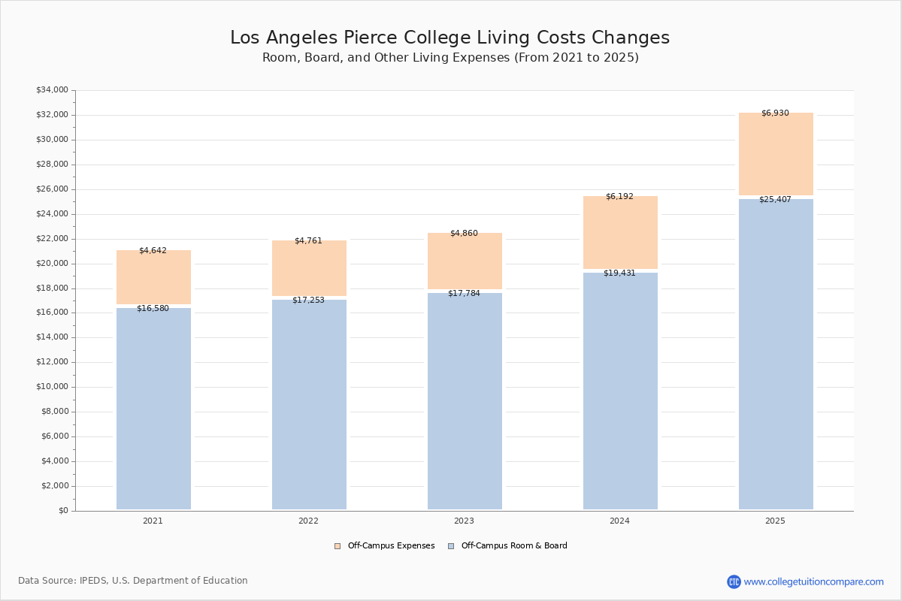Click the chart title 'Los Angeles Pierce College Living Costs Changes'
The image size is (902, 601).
click(x=449, y=38)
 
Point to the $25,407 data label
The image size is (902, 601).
click(x=775, y=200)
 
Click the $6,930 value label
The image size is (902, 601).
click(x=775, y=113)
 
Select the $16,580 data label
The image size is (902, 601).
click(x=153, y=309)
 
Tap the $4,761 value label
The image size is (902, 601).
click(x=308, y=241)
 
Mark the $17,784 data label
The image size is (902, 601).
click(x=464, y=294)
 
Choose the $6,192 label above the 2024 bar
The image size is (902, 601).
click(x=619, y=197)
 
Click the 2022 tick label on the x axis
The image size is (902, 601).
click(x=308, y=521)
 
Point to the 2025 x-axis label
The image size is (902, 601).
click(x=775, y=521)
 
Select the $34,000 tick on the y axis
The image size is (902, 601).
click(x=52, y=90)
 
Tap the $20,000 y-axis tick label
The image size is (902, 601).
click(x=52, y=264)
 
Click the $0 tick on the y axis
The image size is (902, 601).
click(x=63, y=511)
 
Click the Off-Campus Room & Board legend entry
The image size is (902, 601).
click(x=513, y=546)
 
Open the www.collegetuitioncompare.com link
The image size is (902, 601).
click(x=813, y=581)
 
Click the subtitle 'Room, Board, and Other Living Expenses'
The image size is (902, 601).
click(x=449, y=58)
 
